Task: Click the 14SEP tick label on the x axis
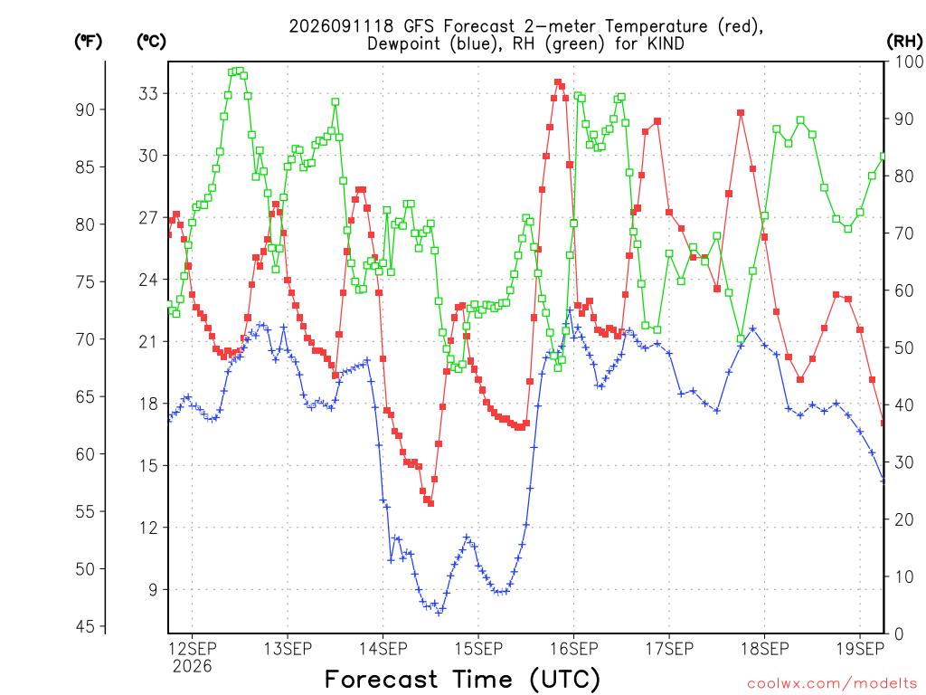(x=383, y=649)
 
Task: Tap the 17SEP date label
(x=669, y=649)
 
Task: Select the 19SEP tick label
(x=860, y=649)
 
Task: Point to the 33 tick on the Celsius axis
(x=148, y=93)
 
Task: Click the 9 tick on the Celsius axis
(x=153, y=589)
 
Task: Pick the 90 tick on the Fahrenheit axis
(x=85, y=109)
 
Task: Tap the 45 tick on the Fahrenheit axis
(x=85, y=626)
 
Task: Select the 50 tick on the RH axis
(x=904, y=347)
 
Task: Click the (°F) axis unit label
(x=88, y=42)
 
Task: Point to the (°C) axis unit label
(x=151, y=42)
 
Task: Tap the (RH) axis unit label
(x=904, y=42)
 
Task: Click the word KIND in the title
(x=666, y=44)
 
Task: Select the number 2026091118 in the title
(x=342, y=26)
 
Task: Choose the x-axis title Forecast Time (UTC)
(x=462, y=679)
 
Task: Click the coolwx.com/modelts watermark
(x=832, y=684)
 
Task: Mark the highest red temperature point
(x=557, y=82)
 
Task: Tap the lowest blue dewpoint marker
(x=439, y=613)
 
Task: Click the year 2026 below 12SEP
(x=192, y=667)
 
